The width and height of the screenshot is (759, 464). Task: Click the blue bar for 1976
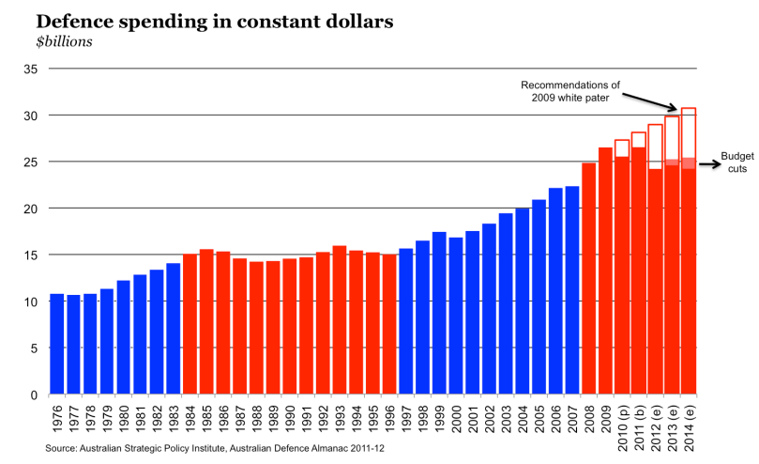click(56, 344)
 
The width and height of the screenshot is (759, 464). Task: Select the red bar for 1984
click(190, 324)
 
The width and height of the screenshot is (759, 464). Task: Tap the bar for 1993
click(339, 320)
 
